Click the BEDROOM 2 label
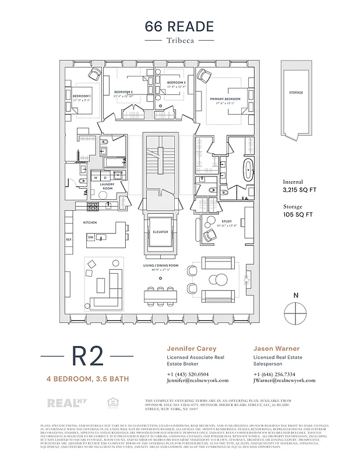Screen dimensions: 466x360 tap(123, 92)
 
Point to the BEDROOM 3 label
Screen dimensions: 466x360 tap(176, 83)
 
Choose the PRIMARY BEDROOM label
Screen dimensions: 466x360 tap(225, 100)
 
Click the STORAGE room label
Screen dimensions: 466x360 tap(296, 93)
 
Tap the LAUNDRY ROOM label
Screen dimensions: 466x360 tap(107, 186)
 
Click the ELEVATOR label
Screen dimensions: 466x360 tap(160, 232)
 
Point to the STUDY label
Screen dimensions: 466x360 tap(227, 222)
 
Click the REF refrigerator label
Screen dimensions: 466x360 tap(68, 239)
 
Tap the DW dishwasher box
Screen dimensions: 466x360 tap(91, 238)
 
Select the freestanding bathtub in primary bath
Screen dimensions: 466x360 tap(249, 170)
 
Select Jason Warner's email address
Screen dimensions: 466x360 tap(284, 380)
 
